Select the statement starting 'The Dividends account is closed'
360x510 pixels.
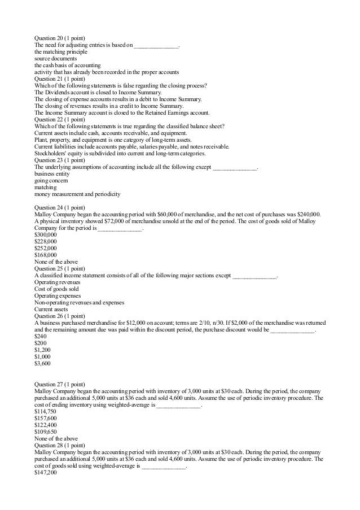pos(98,92)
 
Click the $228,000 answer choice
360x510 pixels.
pos(45,241)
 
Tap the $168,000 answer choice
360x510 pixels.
pos(45,255)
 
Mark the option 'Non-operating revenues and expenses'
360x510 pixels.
pos(79,302)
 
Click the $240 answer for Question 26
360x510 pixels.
pos(40,336)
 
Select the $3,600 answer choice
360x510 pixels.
pos(42,363)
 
